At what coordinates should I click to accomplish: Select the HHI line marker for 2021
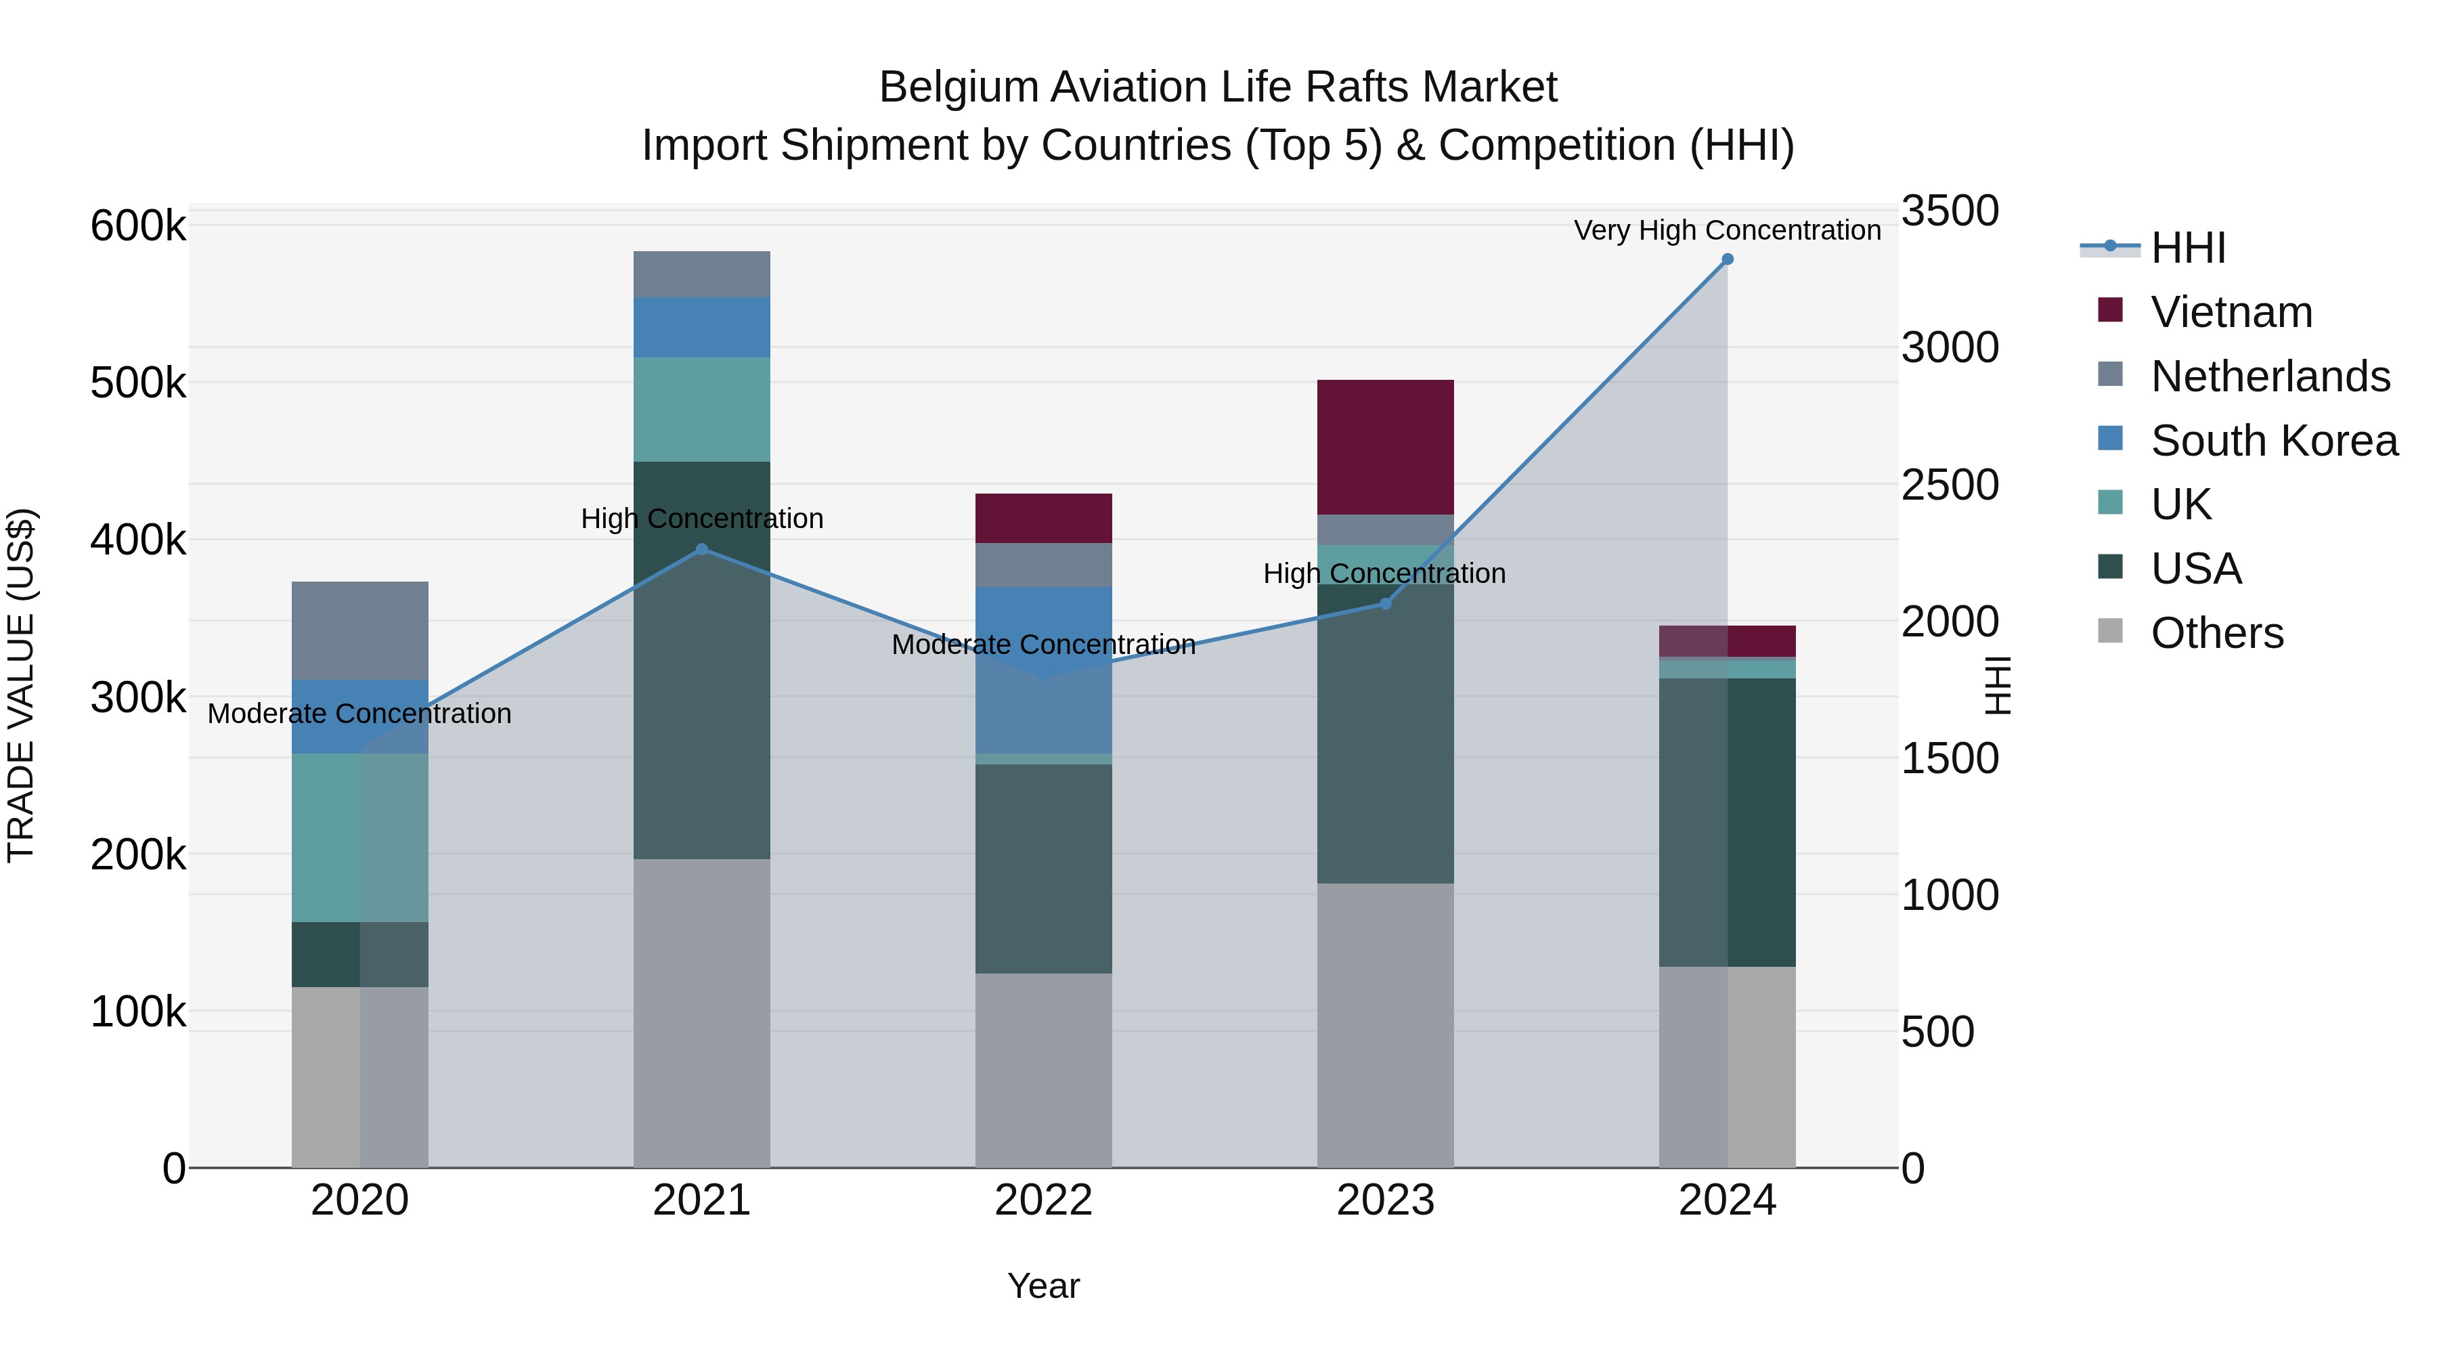pos(701,549)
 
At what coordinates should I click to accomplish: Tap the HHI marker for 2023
pos(1385,604)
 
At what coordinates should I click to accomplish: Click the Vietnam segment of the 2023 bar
pos(1385,447)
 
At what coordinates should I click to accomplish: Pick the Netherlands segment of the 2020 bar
pos(359,630)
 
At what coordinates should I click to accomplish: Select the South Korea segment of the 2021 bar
pos(701,328)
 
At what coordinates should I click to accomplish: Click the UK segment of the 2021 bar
pos(701,409)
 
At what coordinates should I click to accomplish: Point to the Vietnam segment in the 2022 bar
pos(1043,517)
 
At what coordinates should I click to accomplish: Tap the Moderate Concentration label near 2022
pos(1043,645)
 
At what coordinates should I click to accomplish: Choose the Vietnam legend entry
pos(2231,312)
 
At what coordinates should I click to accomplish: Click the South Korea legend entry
pos(2273,441)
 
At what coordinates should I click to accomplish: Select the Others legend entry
pos(2216,633)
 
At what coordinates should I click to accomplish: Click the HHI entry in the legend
pos(2187,248)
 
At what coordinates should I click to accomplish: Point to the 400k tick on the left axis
pos(138,540)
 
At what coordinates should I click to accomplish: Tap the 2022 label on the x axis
pos(1043,1200)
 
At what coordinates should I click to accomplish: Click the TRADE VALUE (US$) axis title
pos(21,685)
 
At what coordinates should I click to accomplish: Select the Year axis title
pos(1043,1286)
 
